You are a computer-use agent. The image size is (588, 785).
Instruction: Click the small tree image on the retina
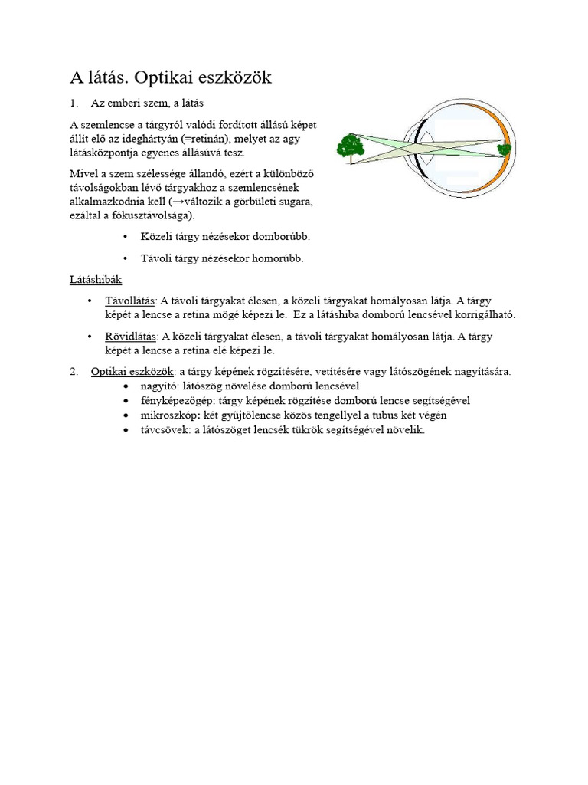(504, 149)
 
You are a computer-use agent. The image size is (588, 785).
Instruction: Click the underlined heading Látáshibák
(96, 279)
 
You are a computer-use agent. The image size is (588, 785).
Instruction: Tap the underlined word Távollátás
(130, 301)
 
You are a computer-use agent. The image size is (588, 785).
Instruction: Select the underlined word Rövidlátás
(130, 337)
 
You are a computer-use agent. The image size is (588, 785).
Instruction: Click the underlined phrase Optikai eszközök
(132, 372)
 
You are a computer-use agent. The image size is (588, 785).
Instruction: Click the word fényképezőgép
(178, 400)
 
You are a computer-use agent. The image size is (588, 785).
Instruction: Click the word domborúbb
(281, 236)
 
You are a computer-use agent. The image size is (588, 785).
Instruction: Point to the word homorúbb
(277, 258)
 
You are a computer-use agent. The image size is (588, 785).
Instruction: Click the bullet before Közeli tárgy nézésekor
(126, 236)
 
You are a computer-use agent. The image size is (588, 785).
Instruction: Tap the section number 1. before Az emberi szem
(74, 103)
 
